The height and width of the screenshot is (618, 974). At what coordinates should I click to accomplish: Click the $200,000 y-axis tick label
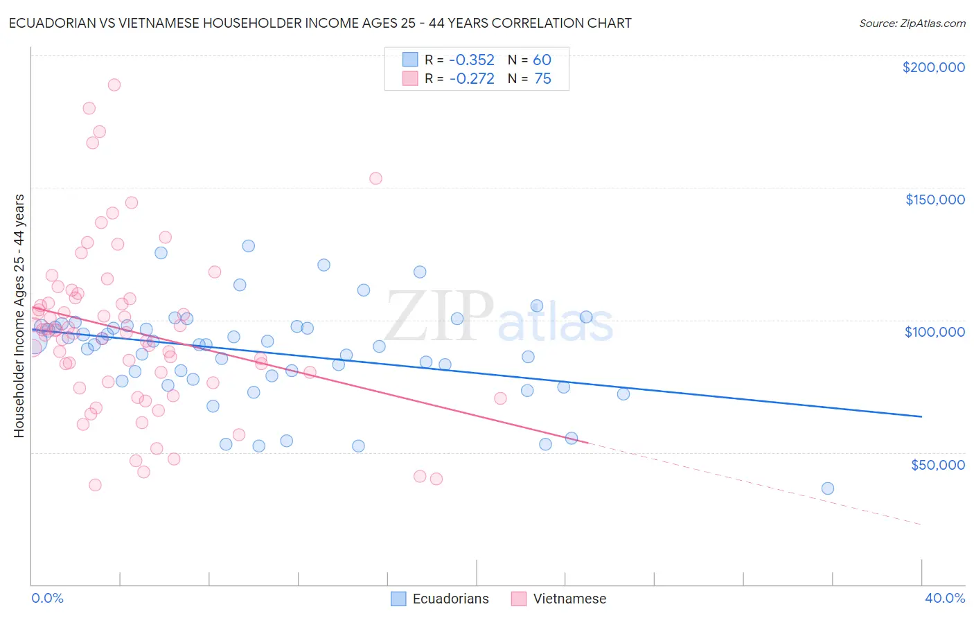pos(933,67)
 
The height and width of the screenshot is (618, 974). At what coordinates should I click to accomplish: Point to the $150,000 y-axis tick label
pos(935,200)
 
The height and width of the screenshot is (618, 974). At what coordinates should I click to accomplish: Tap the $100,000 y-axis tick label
pos(935,332)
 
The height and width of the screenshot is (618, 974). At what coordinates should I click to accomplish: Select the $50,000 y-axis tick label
pos(937,464)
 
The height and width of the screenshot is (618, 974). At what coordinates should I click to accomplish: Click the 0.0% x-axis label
pos(47,598)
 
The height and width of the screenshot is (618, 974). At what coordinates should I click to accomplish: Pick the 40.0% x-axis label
pos(945,598)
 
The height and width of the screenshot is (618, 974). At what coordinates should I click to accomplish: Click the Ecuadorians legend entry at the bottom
pos(450,599)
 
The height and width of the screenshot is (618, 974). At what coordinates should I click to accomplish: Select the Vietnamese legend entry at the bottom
pos(569,599)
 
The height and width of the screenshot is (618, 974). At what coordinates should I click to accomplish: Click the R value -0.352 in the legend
pos(472,60)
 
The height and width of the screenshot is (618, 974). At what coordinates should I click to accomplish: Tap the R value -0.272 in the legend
pos(472,79)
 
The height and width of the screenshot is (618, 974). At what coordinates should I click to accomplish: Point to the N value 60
pos(542,60)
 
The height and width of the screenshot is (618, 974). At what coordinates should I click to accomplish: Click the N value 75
pos(542,79)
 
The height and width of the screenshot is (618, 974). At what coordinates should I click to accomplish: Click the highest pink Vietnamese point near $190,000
pos(114,85)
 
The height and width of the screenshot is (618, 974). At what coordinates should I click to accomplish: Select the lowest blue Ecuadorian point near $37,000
pos(827,488)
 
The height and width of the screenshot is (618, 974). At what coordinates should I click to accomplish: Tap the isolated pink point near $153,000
pos(375,178)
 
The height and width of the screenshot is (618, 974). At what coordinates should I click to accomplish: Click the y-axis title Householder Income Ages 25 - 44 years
pos(19,316)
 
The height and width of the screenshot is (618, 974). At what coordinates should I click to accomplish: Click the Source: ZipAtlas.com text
pos(912,24)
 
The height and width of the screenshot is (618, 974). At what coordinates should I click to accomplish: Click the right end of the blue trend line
pos(921,416)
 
